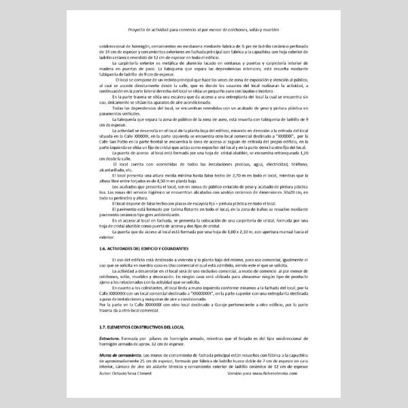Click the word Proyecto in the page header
click(138, 30)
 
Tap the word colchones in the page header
click(243, 30)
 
